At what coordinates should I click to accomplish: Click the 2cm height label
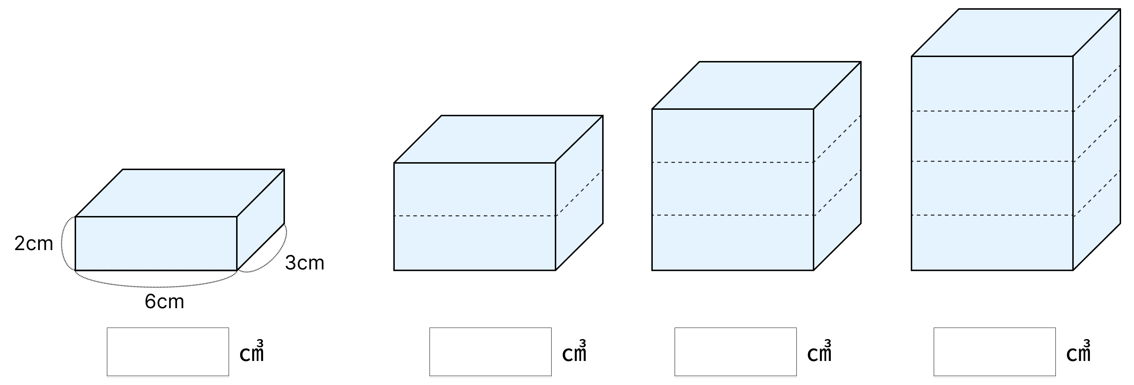(x=33, y=244)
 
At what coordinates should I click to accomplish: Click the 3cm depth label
(x=305, y=263)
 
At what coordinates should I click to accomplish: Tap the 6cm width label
(x=164, y=301)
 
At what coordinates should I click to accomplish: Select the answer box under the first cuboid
(x=168, y=352)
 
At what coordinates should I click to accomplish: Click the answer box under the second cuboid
(x=491, y=352)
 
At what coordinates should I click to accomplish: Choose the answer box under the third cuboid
(x=736, y=352)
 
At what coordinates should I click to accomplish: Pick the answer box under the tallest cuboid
(x=994, y=352)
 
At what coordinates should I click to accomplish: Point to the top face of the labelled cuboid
(x=179, y=193)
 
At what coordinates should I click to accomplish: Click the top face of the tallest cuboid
(x=1016, y=33)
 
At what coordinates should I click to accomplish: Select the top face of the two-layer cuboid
(x=498, y=139)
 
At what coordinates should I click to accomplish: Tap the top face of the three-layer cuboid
(x=756, y=85)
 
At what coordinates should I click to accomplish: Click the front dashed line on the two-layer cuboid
(x=475, y=216)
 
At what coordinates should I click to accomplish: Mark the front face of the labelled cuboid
(x=156, y=243)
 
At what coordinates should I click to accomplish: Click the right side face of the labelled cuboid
(x=261, y=220)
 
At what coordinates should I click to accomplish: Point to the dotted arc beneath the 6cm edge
(x=156, y=286)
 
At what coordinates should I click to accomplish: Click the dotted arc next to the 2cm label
(x=62, y=243)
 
